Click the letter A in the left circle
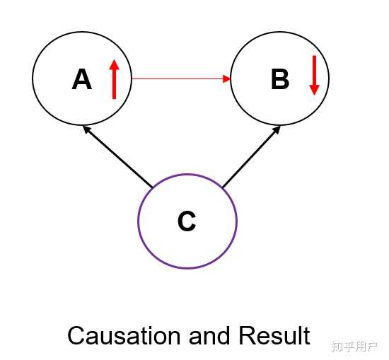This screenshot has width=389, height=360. coord(82,79)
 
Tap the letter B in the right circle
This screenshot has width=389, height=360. coord(280,79)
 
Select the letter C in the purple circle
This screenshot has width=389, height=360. coord(187,221)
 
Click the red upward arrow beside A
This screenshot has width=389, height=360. coord(114,79)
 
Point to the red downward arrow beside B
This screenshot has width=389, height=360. coord(314,75)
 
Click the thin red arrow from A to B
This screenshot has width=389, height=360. coord(181,79)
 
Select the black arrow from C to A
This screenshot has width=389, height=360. coord(117,156)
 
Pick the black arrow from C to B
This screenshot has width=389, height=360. coord(252,157)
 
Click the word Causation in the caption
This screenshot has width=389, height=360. coord(124,335)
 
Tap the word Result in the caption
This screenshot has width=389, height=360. coord(274,335)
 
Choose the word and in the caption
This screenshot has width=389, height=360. coord(209,335)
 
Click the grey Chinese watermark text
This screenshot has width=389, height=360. coord(354,347)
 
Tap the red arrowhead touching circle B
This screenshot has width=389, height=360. coord(227,79)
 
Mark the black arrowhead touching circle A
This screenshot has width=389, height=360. coord(87,129)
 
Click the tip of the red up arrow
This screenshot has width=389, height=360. coord(114,59)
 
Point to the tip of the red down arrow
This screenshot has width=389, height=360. coord(314,95)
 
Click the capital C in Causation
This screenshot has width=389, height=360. coord(76,336)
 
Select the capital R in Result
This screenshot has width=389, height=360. coord(247,335)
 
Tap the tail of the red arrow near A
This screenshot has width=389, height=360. coord(132,79)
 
